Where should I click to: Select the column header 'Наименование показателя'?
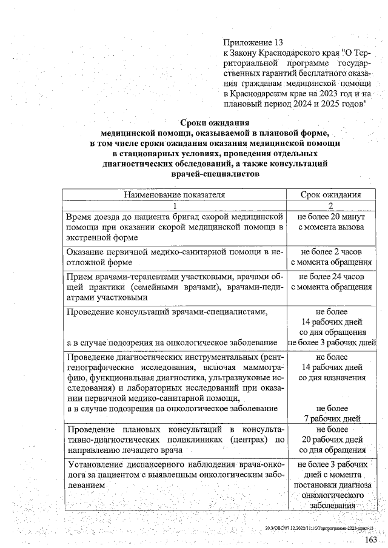(175, 194)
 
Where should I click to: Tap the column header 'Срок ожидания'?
(331, 194)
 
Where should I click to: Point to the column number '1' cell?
(175, 205)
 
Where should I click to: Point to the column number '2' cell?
(331, 205)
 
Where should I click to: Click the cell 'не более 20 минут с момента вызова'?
(331, 222)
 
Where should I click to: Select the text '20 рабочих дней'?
(331, 440)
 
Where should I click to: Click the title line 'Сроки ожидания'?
(215, 124)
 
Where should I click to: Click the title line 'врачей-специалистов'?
(215, 174)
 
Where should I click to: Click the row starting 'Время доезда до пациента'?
(175, 227)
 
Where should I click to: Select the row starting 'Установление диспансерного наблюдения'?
(175, 475)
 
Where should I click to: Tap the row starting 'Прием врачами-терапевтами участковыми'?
(175, 287)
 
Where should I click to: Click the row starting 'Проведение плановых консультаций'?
(175, 440)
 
